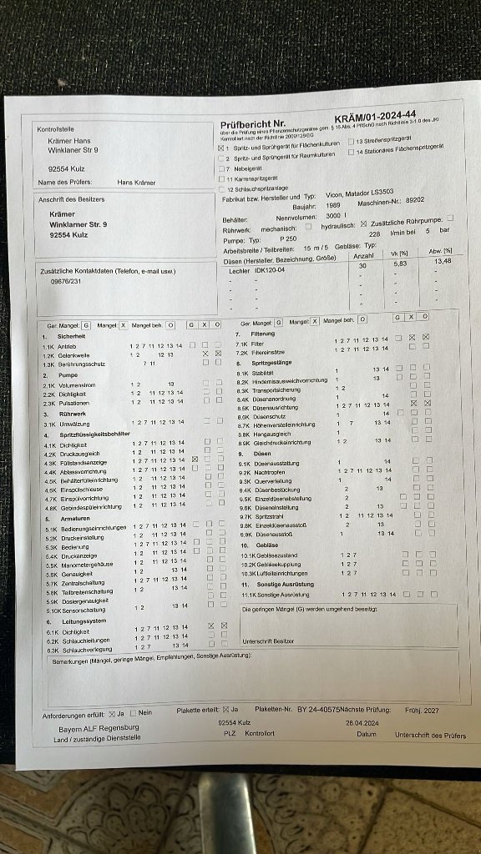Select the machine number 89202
tap(415, 200)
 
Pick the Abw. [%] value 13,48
tap(443, 260)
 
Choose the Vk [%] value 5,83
tap(400, 263)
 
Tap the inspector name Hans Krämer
tap(135, 182)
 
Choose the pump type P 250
tap(288, 238)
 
